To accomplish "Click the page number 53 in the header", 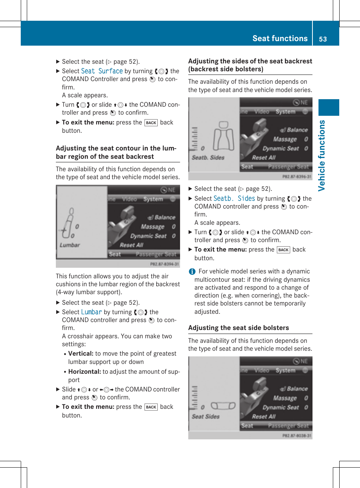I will (x=323, y=39).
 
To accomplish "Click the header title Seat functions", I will (x=280, y=38).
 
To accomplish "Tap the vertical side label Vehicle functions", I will (x=322, y=155).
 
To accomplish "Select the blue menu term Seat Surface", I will (x=102, y=71).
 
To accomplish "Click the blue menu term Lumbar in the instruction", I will (x=91, y=312).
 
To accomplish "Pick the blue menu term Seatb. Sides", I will (x=234, y=198).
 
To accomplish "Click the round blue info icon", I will (x=192, y=272).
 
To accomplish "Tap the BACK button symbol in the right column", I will (x=283, y=250).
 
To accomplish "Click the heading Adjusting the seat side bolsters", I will (x=238, y=328).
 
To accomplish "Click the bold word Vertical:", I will (x=81, y=353).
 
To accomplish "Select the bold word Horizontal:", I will (x=85, y=371).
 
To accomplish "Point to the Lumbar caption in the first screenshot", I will (x=70, y=245).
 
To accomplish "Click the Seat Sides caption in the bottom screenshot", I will (x=206, y=416).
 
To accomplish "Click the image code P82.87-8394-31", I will (x=165, y=264).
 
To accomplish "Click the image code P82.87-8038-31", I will (x=297, y=436).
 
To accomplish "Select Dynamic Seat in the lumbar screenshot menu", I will (x=148, y=236).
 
